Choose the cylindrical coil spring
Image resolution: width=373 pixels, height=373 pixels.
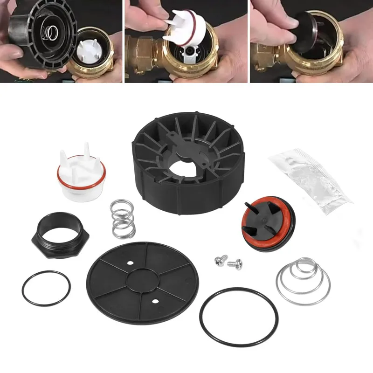(x=123, y=218)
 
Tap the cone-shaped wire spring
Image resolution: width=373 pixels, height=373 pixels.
(x=303, y=279)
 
